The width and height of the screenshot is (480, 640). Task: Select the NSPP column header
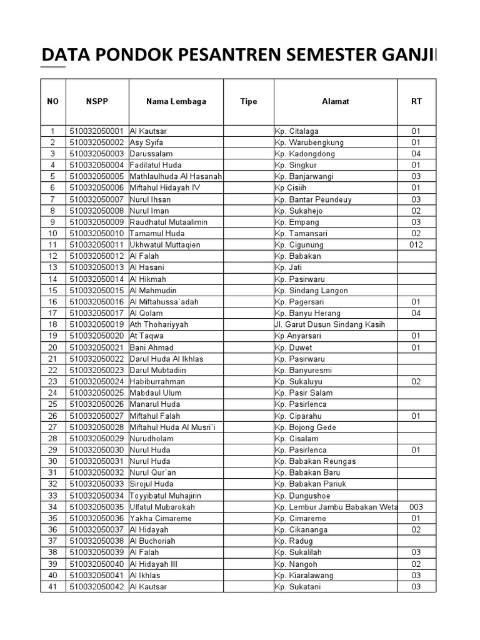pyautogui.click(x=97, y=101)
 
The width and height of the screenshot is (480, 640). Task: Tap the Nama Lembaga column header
pyautogui.click(x=176, y=101)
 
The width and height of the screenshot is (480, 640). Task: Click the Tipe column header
pyautogui.click(x=248, y=101)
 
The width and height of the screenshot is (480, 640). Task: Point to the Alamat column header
pyautogui.click(x=336, y=101)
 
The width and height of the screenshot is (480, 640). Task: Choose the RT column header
pyautogui.click(x=416, y=101)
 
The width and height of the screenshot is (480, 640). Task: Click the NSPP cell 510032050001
pyautogui.click(x=97, y=131)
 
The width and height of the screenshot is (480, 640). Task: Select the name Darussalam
pyautogui.click(x=151, y=154)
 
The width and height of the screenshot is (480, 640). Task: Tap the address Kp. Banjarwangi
pyautogui.click(x=304, y=177)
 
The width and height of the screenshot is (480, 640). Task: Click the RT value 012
pyautogui.click(x=416, y=245)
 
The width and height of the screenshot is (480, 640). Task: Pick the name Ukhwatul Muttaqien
pyautogui.click(x=165, y=245)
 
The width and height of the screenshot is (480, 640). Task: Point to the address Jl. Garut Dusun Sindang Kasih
pyautogui.click(x=329, y=324)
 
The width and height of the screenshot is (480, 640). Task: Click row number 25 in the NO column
pyautogui.click(x=53, y=404)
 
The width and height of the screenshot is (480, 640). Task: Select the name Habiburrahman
pyautogui.click(x=157, y=381)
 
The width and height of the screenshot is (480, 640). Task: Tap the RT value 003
pyautogui.click(x=416, y=507)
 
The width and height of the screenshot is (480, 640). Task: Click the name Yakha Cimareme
pyautogui.click(x=161, y=518)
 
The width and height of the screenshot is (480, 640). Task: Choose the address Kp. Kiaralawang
pyautogui.click(x=304, y=575)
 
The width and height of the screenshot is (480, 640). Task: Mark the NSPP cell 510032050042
pyautogui.click(x=97, y=586)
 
